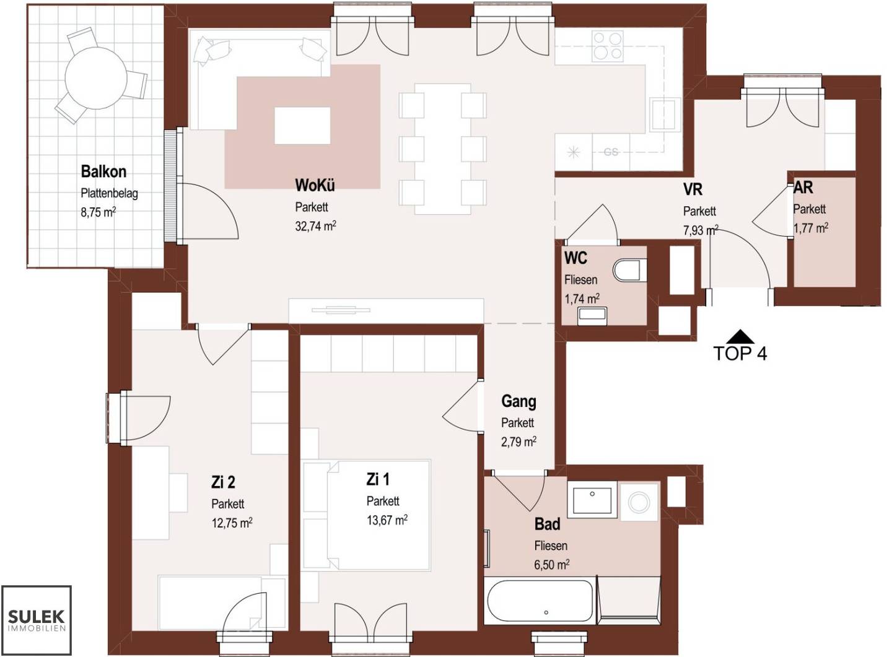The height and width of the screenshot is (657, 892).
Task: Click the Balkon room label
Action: point(103,172)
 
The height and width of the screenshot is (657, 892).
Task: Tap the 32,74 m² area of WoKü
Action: point(315,226)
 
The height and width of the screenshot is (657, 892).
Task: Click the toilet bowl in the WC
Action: point(629,270)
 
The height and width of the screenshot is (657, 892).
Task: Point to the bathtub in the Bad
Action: point(540,603)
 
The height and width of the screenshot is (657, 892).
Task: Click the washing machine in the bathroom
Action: point(639,502)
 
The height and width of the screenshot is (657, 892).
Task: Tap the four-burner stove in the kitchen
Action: point(607,46)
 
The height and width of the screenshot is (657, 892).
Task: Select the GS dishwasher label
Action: point(611,152)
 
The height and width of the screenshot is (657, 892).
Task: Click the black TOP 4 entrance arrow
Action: point(740,336)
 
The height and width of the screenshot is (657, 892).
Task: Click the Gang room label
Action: point(518,401)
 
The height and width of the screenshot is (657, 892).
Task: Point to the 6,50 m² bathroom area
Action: point(551,565)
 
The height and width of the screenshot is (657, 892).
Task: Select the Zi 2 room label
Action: point(223,482)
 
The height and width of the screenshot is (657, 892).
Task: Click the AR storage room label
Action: point(803,188)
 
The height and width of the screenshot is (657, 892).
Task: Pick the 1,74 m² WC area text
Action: point(582,298)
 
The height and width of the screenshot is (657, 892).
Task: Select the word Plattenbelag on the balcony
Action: point(110,194)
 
